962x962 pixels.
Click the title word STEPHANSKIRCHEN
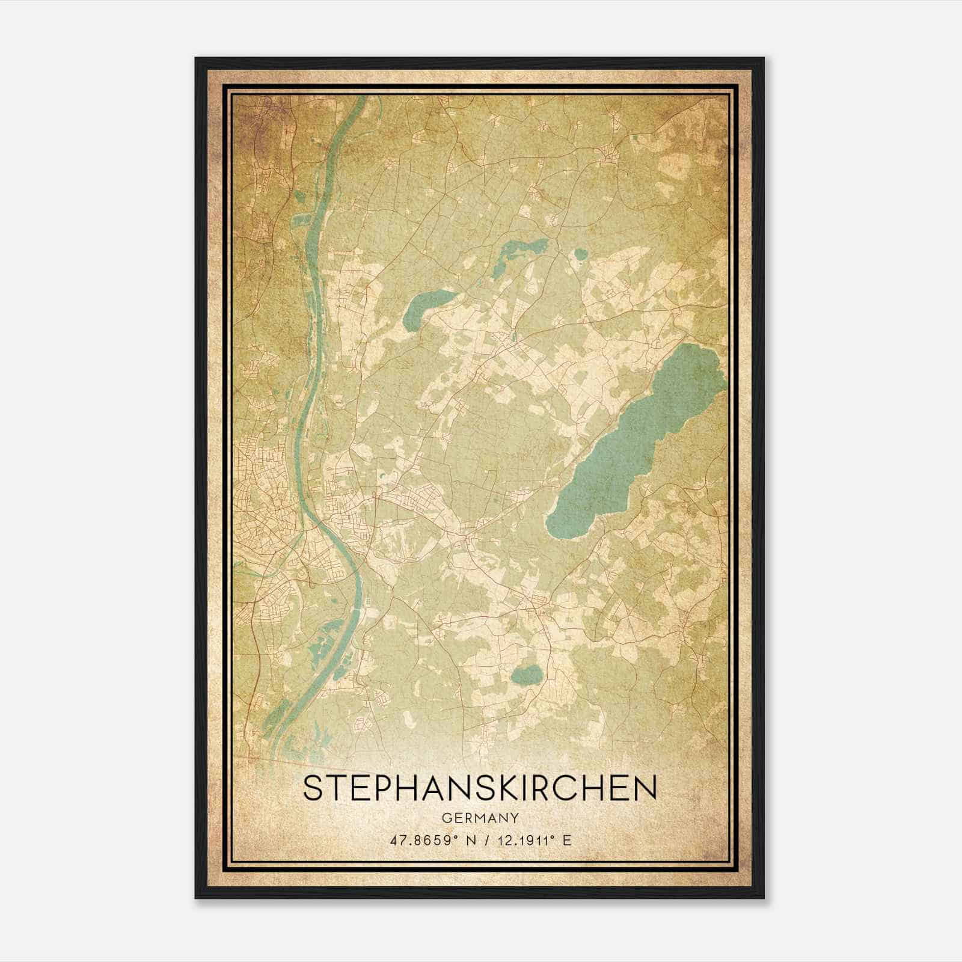coord(480,789)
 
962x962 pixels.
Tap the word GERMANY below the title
coord(480,818)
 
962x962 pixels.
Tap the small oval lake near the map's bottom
coord(527,675)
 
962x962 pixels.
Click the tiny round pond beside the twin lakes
coord(580,254)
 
